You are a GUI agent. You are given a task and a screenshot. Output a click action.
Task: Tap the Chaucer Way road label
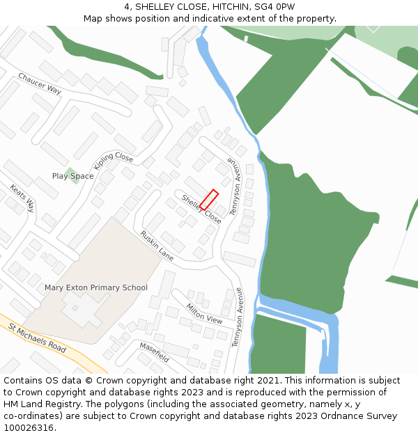coord(40,84)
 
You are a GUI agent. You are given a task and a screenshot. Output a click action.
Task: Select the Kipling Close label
coord(113,161)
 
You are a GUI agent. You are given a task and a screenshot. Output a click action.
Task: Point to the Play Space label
coord(72,176)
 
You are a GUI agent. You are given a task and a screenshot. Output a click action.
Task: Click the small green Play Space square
coord(70,171)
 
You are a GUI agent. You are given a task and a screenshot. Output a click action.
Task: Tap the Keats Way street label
coord(22,198)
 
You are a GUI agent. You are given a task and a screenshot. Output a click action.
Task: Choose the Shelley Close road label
coord(201,209)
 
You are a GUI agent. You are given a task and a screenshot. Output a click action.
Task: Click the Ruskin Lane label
coord(157,246)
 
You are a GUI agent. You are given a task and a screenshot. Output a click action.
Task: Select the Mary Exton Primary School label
coord(96,287)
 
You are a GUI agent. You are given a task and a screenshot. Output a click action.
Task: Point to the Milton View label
coord(204,314)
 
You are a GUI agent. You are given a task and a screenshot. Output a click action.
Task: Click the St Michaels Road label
coord(37,338)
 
